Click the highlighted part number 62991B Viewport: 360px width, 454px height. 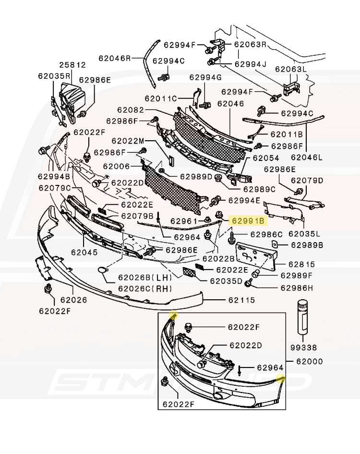click(x=248, y=221)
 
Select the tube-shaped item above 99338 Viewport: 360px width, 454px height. click(x=303, y=317)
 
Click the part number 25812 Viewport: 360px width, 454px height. click(x=72, y=64)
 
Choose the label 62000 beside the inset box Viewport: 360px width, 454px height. click(x=309, y=361)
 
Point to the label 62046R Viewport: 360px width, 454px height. click(x=115, y=58)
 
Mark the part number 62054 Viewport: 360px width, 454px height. click(x=266, y=158)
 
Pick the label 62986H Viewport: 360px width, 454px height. click(x=297, y=288)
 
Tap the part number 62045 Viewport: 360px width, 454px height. click(x=84, y=252)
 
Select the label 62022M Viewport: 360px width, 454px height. click(x=128, y=141)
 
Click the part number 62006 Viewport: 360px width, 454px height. click(x=116, y=166)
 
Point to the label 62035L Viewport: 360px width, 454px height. click(x=304, y=234)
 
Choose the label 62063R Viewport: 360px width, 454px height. click(x=250, y=44)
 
